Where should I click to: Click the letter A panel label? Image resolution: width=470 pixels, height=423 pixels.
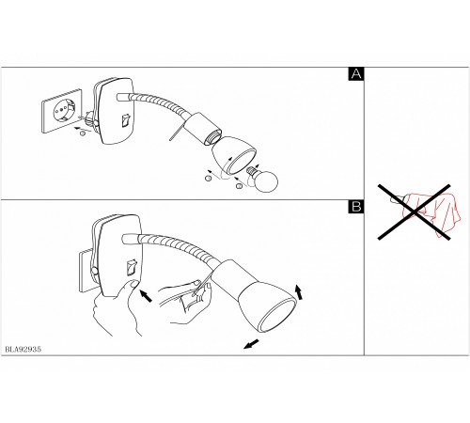(356, 74)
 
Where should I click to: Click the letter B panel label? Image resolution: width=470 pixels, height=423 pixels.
(356, 207)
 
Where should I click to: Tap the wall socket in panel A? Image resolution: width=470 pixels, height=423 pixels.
(62, 111)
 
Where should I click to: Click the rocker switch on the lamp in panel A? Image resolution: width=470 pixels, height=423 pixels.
(126, 120)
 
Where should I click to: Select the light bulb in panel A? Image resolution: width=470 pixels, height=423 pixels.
(263, 180)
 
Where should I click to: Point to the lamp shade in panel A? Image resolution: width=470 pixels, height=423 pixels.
(234, 154)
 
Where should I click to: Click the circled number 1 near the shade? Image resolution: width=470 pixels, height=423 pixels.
(208, 179)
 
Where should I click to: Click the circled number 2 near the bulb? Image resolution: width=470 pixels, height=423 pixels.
(239, 186)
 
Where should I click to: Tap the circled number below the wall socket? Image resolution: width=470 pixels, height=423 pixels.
(83, 133)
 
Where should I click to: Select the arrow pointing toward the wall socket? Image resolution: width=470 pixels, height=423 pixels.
(81, 129)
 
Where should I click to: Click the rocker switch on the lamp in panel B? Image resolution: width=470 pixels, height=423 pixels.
(132, 267)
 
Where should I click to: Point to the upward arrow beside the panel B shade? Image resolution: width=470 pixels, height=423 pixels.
(299, 292)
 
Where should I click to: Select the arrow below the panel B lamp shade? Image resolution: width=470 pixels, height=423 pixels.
(251, 344)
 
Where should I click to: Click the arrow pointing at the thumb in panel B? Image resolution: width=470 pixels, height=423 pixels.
(146, 295)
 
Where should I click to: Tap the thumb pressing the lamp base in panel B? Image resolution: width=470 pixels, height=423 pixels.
(133, 285)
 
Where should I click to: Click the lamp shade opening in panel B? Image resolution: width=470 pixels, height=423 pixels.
(277, 315)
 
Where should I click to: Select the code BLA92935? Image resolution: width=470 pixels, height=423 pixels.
(23, 350)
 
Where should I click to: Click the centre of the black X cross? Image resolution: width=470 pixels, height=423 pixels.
(415, 212)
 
